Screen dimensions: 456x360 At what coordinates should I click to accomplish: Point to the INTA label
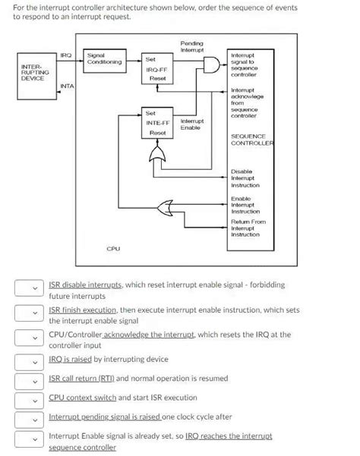[67, 86]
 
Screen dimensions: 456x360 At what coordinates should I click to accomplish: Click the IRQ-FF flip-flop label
[156, 69]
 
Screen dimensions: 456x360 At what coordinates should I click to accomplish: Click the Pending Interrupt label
[191, 46]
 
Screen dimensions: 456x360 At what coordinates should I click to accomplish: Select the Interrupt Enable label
[191, 124]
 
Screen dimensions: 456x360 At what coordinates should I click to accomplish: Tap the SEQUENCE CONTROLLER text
[252, 140]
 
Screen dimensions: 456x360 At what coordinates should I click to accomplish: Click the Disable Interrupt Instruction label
[245, 179]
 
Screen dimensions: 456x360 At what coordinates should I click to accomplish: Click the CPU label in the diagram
[112, 248]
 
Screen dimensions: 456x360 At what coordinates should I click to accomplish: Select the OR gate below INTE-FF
[157, 156]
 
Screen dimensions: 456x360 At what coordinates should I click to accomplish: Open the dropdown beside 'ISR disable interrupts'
[27, 288]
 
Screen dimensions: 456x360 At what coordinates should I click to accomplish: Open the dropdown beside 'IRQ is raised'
[27, 359]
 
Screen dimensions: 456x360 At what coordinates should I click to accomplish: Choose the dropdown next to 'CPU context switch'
[27, 398]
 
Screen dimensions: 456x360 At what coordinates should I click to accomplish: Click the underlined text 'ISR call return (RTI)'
[81, 378]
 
